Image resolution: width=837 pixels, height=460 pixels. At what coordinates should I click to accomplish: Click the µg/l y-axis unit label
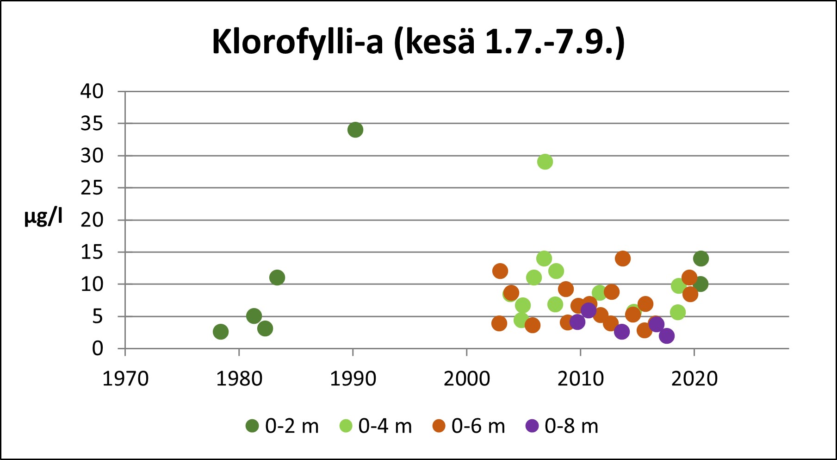(x=43, y=217)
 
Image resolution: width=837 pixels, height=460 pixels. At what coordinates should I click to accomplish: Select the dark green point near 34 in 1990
(x=355, y=130)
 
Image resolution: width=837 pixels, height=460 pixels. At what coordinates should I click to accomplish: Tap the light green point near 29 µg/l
(x=545, y=162)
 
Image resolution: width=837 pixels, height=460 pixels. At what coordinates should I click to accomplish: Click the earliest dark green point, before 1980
(x=221, y=332)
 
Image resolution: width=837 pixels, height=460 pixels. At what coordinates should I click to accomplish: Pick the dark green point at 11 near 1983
(x=277, y=278)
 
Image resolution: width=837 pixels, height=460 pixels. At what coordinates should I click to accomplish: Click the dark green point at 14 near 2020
(x=701, y=258)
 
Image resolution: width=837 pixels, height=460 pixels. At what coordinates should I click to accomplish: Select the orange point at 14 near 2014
(x=623, y=258)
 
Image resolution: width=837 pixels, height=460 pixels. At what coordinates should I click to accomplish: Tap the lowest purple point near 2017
(x=667, y=336)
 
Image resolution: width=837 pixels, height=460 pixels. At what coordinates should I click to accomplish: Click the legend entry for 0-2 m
(x=282, y=426)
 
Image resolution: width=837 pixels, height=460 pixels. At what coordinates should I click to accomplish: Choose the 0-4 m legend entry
(x=376, y=426)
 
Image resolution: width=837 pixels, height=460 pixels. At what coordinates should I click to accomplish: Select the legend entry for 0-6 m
(x=469, y=426)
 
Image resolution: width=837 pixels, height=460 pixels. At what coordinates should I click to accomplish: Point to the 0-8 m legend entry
(x=562, y=426)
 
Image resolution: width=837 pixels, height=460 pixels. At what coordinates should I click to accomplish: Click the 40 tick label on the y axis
(x=92, y=91)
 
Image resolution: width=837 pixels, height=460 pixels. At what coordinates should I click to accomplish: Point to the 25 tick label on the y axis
(x=92, y=188)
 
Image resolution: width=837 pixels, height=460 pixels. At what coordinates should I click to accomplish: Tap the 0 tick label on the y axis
(x=98, y=348)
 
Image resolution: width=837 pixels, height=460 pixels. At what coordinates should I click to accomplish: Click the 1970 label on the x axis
(x=125, y=379)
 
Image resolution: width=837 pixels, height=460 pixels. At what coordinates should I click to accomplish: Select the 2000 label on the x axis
(x=467, y=379)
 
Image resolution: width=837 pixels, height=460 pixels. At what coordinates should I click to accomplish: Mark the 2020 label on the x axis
(x=694, y=379)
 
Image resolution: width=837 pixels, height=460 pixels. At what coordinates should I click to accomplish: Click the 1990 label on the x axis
(x=353, y=379)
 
